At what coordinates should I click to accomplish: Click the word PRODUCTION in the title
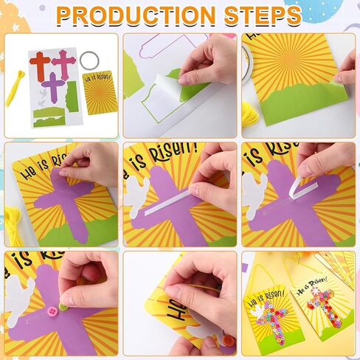(136, 15)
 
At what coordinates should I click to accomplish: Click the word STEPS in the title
(263, 15)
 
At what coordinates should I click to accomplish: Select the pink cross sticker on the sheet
(64, 64)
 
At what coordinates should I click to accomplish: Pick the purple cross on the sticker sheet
(54, 87)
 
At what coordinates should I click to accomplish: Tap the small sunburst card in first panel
(100, 92)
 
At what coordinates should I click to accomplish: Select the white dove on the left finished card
(257, 312)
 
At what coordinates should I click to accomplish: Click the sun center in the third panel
(291, 58)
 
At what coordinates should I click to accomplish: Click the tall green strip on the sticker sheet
(72, 97)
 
